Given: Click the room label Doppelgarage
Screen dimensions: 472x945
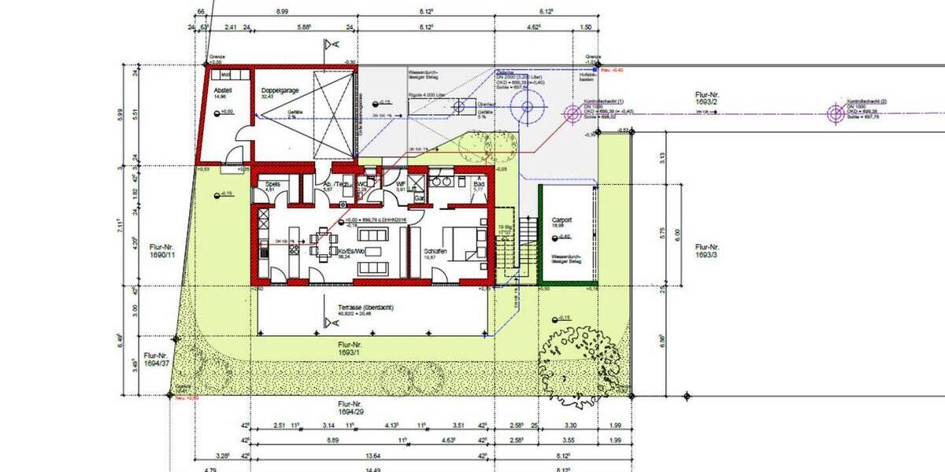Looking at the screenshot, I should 279,91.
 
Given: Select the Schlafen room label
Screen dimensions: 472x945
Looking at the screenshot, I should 435,251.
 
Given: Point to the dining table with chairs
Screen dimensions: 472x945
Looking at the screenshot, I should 321,244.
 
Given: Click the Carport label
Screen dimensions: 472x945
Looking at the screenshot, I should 562,220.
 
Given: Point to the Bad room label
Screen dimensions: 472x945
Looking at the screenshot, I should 477,184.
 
